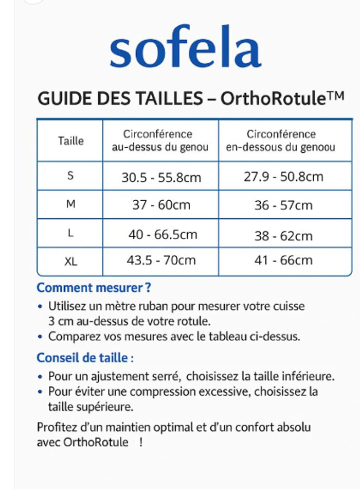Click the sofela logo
click(x=185, y=48)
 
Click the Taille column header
click(x=70, y=141)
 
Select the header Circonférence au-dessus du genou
click(x=160, y=141)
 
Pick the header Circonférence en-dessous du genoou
click(x=281, y=141)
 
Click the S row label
click(x=70, y=176)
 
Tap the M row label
click(x=70, y=204)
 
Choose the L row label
click(x=70, y=233)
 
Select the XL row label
click(x=71, y=261)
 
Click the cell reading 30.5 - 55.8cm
click(x=161, y=178)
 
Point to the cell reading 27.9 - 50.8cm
click(x=283, y=177)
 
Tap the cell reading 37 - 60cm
click(x=161, y=205)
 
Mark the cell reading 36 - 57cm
click(x=283, y=205)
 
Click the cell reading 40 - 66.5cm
click(x=163, y=234)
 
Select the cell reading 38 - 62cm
click(x=283, y=236)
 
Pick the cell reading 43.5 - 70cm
click(x=161, y=260)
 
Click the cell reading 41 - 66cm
click(x=283, y=260)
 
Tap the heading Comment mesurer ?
click(x=94, y=288)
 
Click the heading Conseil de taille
click(x=85, y=357)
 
